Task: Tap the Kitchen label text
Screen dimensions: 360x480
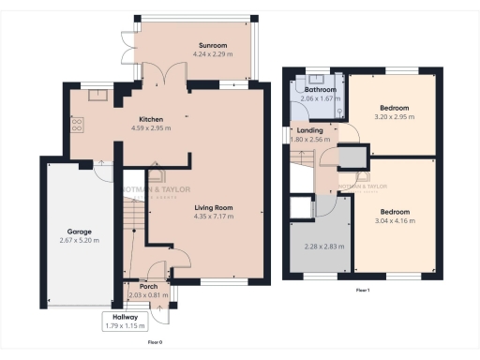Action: (152, 120)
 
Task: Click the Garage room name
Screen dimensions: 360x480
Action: (78, 231)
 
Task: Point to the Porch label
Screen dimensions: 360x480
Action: (148, 287)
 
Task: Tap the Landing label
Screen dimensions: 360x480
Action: (309, 130)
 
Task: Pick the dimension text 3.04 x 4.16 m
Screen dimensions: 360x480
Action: (396, 220)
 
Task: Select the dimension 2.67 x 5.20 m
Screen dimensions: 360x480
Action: (78, 240)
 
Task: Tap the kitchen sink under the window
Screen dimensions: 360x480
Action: (97, 95)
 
